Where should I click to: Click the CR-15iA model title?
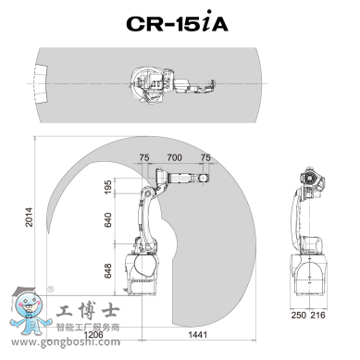point(177,21)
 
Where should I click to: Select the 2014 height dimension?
point(29,217)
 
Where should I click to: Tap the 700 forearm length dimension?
point(174,157)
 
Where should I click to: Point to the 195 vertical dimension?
point(108,187)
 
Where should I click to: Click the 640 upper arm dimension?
point(108,219)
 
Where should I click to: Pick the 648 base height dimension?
point(108,270)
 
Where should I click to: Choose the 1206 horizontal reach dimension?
point(93,335)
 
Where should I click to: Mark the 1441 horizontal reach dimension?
point(197,334)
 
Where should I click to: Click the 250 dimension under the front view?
point(299,315)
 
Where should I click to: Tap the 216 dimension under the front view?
point(317,315)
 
